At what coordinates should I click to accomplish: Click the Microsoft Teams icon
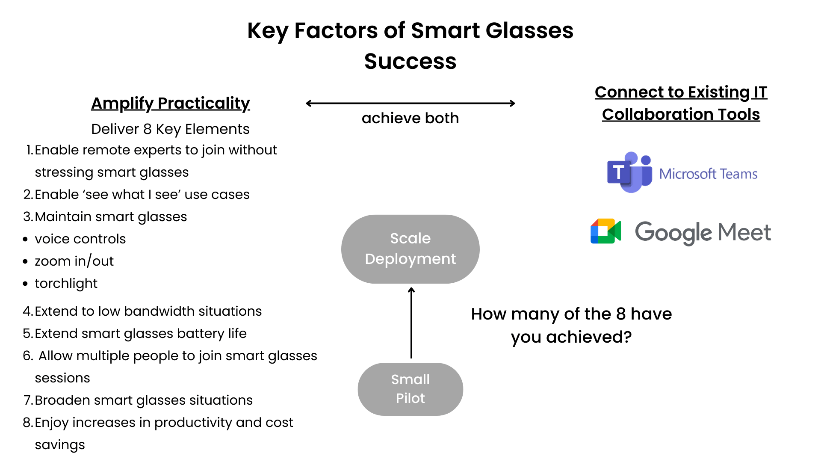coord(629,172)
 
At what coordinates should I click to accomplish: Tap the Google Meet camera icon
coord(605,231)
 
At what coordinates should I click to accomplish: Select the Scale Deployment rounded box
coord(410,249)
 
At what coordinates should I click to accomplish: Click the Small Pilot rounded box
coord(410,389)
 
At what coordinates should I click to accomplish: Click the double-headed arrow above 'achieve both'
coord(410,103)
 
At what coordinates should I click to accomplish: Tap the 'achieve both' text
coord(410,118)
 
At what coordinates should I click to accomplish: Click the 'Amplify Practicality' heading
coord(170,103)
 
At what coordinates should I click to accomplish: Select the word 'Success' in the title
coord(410,61)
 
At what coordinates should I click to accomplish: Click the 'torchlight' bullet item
coord(66,283)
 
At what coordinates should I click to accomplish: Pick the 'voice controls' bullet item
coord(80,239)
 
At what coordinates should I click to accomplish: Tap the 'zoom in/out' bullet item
coord(74,261)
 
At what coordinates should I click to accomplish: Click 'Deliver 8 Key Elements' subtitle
coord(170,129)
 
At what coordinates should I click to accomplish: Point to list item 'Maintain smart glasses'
coord(110,216)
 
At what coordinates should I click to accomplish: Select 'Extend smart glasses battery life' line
coord(140,333)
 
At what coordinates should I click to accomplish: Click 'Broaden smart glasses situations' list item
coord(143,400)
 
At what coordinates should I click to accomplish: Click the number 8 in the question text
coord(621,314)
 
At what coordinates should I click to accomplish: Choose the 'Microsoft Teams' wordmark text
coord(708,174)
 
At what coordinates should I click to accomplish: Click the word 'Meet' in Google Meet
coord(744,232)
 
